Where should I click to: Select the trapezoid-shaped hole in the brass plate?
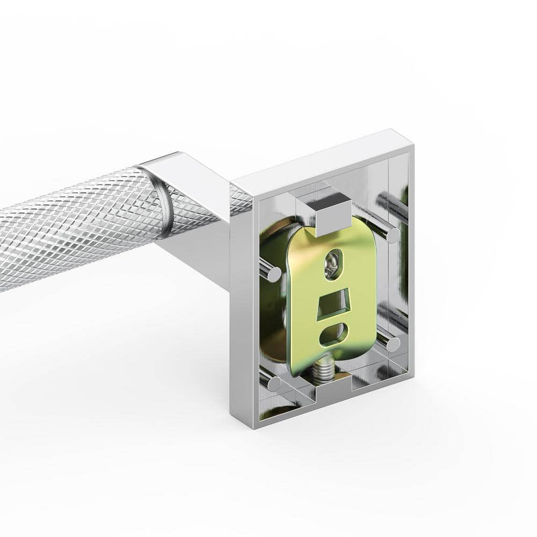tap(331, 307)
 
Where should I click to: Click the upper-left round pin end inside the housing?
tap(274, 274)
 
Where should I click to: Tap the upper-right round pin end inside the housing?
tap(393, 235)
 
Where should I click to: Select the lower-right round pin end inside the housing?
tap(393, 344)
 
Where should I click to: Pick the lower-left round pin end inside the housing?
tap(274, 383)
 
